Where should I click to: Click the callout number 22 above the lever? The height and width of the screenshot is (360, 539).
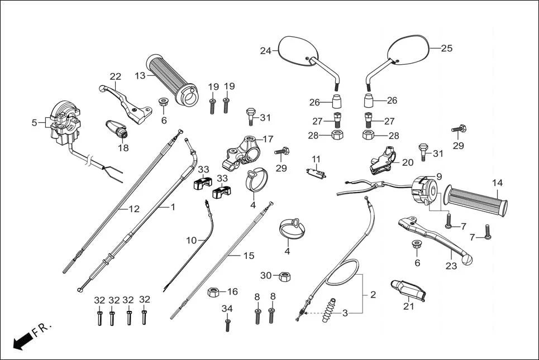tap(115, 76)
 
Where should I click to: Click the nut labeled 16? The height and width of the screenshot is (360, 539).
tap(213, 292)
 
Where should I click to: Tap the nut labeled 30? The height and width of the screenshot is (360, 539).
tap(283, 276)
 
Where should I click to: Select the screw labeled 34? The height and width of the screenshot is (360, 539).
tap(227, 324)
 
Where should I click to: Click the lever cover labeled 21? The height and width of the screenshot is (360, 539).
tap(409, 291)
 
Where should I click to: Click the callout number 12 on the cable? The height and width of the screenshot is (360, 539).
tap(134, 209)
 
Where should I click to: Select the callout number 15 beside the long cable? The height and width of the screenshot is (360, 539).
tap(249, 256)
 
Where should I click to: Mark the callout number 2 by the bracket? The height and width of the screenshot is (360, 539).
tap(373, 294)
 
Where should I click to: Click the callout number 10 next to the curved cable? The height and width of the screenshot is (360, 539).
tap(192, 241)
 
